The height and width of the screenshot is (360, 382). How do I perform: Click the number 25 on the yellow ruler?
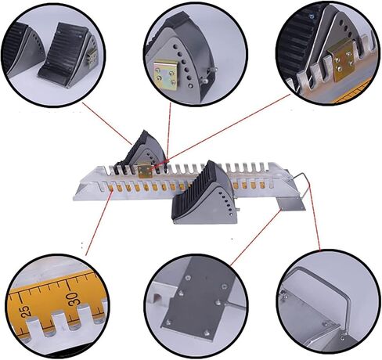(25, 311)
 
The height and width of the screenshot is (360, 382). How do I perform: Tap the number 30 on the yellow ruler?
(72, 298)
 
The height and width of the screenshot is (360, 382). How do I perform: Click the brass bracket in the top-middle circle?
(167, 75)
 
